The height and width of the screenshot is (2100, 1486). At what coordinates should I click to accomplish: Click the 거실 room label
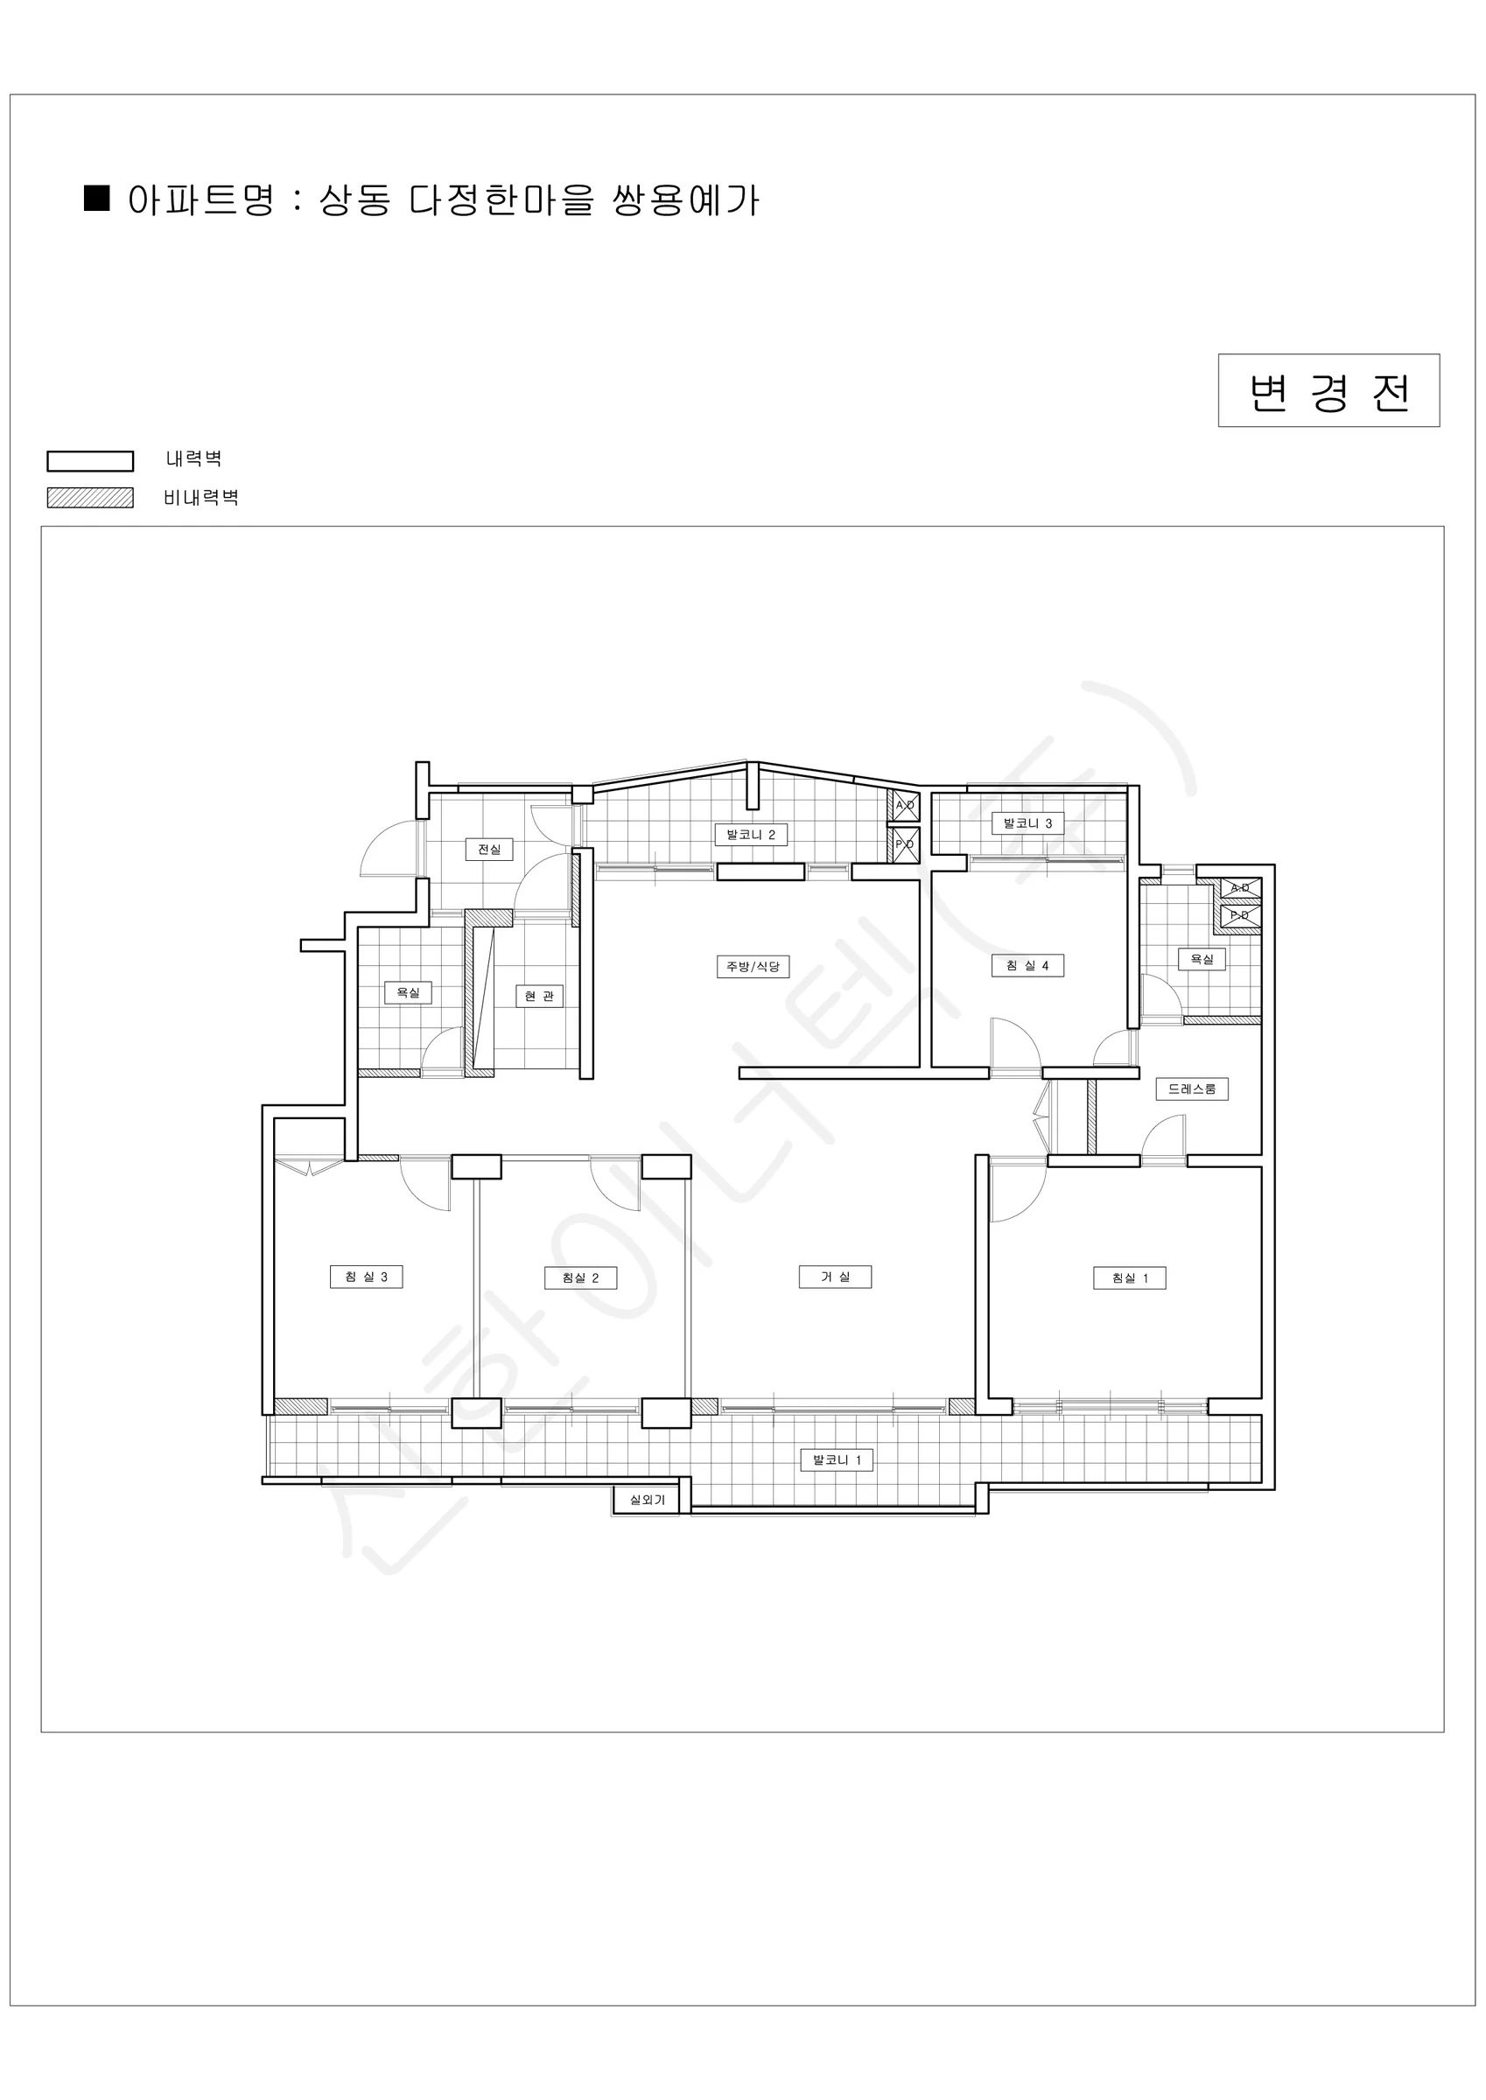coord(835,1277)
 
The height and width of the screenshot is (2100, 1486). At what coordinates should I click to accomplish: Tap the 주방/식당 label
coord(752,967)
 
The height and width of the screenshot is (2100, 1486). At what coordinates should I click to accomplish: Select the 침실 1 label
coord(1129,1277)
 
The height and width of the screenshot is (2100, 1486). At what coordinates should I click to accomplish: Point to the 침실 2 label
coord(580,1277)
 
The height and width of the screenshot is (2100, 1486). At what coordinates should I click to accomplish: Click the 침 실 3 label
coord(366,1277)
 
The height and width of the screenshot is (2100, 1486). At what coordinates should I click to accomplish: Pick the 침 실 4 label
coord(1027,966)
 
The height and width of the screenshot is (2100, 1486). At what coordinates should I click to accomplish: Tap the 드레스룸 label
coord(1191,1089)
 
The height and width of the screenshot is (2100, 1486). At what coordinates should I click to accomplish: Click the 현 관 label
coord(539,996)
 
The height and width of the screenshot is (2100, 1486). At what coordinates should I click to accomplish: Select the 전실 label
coord(489,850)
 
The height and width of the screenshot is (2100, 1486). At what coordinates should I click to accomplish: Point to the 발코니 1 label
coord(837,1460)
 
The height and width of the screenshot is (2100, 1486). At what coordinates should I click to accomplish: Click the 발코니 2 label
coord(751,835)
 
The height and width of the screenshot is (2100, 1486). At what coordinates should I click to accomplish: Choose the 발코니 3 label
coord(1027,824)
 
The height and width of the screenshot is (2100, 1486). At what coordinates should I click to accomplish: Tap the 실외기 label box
coord(646,1500)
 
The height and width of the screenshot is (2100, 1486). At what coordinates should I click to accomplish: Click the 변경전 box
coord(1328,390)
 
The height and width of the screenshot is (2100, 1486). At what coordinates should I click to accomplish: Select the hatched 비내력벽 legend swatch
coord(91,498)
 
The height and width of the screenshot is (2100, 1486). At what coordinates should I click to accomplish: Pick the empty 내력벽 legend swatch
coord(91,461)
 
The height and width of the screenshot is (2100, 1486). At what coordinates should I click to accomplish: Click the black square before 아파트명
coord(97,199)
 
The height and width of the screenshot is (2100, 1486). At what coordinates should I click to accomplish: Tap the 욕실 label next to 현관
coord(408,993)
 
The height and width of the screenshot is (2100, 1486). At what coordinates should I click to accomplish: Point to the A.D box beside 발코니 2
coord(905,806)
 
